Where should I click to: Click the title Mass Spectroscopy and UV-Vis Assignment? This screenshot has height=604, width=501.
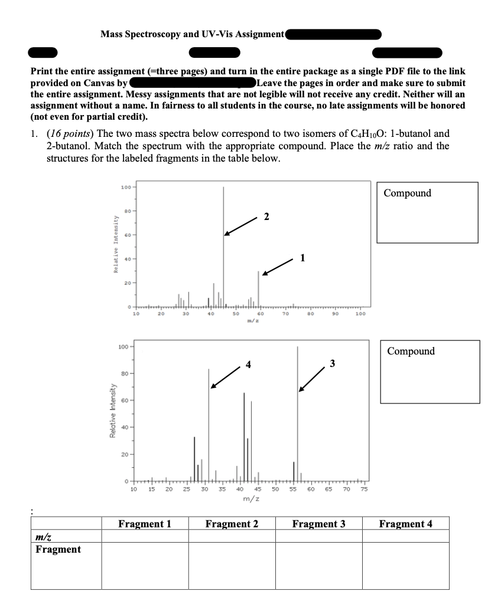(193, 34)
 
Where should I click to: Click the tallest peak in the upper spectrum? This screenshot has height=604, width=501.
(223, 236)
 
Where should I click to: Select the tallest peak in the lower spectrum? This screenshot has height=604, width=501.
(297, 413)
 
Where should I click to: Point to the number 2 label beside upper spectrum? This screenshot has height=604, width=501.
(266, 216)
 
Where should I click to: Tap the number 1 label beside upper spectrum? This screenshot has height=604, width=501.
(302, 257)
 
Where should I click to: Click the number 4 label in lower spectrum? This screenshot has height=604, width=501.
(249, 364)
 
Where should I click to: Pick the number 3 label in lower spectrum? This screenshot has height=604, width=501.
(333, 363)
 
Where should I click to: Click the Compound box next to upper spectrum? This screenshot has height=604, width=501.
(427, 212)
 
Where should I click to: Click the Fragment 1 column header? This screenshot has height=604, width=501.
(145, 524)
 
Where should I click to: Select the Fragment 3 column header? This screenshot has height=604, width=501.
(318, 524)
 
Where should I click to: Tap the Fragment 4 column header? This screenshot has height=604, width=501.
(405, 524)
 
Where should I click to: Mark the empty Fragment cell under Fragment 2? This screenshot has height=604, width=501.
(232, 566)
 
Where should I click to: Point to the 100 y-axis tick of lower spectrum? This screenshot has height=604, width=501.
(124, 346)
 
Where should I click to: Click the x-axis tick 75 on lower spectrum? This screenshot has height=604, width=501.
(364, 489)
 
